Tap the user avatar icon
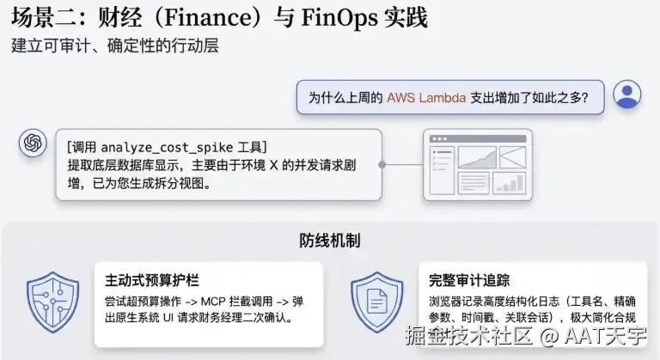[628, 95]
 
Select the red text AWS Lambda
[426, 98]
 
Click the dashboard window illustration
[477, 165]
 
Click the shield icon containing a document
[377, 302]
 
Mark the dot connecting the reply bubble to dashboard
[382, 164]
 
